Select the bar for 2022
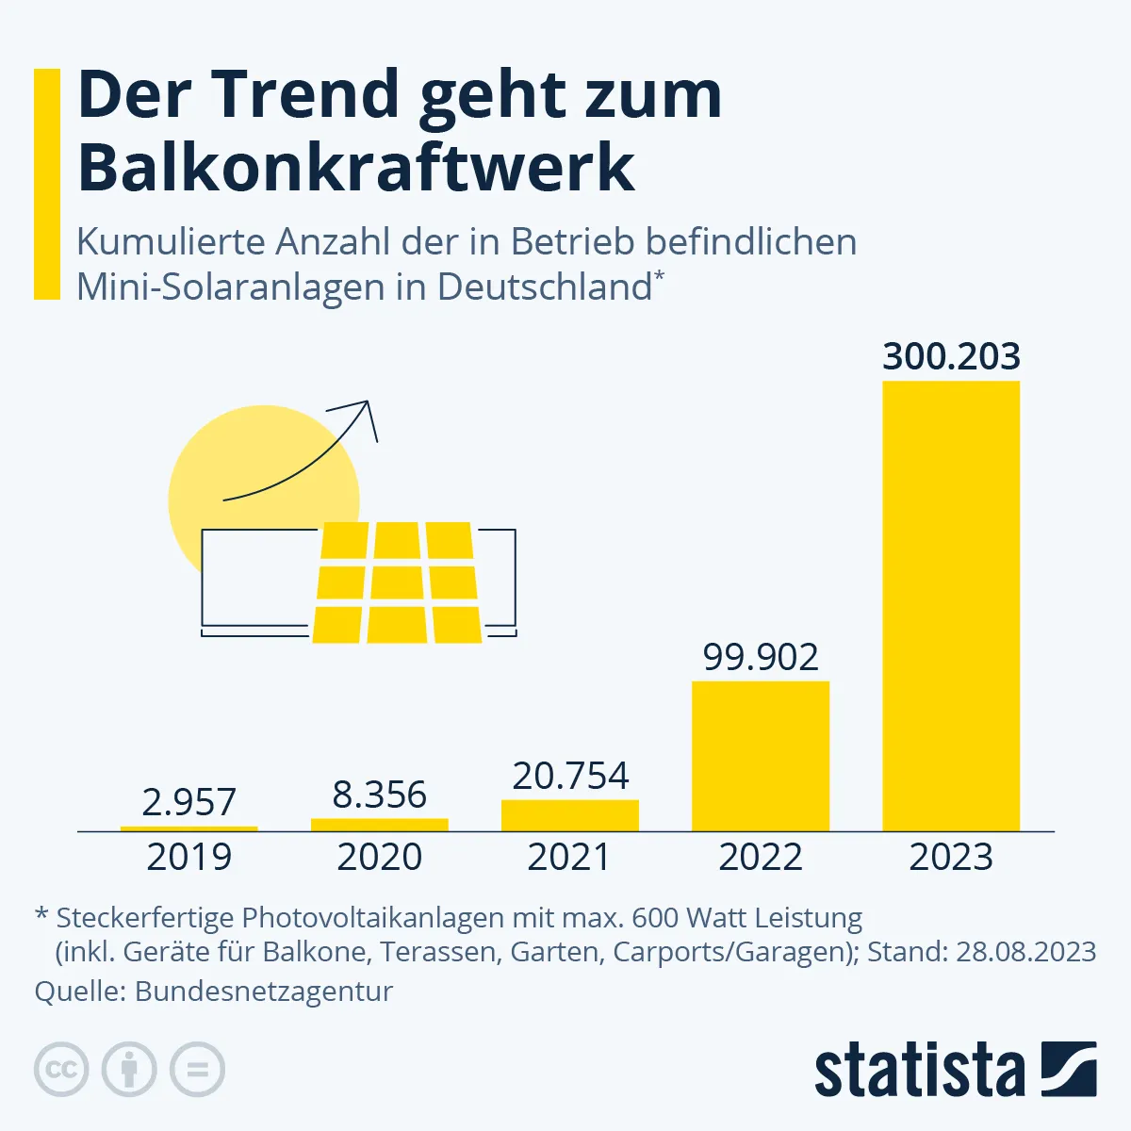coord(761,756)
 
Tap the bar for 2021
coord(570,815)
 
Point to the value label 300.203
coord(951,356)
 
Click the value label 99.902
coord(761,657)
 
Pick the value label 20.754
coord(570,776)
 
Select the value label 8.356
coord(380,795)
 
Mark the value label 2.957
coord(188,802)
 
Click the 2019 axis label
coord(188,857)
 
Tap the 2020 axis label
coord(380,857)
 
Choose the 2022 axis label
coord(761,857)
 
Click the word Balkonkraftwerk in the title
coord(356,168)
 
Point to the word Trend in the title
coord(306,94)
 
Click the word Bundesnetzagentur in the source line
coord(264,992)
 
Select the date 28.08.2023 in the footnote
coord(1025,951)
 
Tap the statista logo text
coord(919,1072)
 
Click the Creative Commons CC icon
coord(61,1070)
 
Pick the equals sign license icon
coord(197,1070)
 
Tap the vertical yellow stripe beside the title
coord(47,184)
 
